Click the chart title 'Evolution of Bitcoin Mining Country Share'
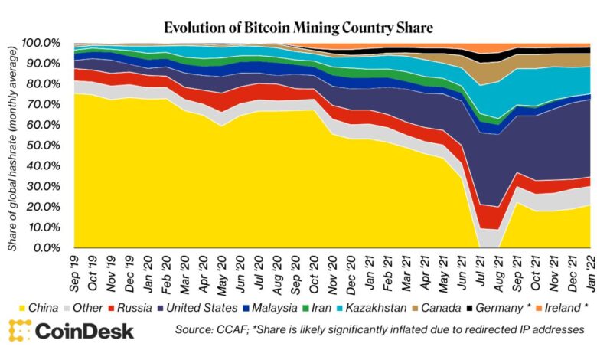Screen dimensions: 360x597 pos(298,28)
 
